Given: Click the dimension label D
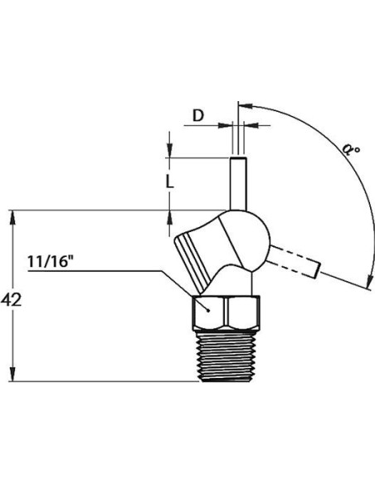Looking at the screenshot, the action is coord(198,116).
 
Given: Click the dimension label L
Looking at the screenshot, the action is coord(169,181).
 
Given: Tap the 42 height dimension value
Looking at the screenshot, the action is coord(11,299).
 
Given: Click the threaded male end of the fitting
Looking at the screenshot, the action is coord(227,356).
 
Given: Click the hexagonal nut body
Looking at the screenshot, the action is coord(226,312).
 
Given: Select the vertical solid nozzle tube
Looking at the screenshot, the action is coord(238,184).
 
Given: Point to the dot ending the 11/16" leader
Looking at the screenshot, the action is coord(208,310).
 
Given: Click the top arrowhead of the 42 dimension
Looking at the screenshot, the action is coord(12,218).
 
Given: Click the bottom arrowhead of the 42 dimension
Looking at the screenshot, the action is coord(12,374).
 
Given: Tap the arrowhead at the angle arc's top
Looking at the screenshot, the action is coord(246,106).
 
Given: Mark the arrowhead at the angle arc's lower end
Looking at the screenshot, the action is coord(368,281).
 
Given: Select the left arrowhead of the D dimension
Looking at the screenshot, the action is coord(225,125).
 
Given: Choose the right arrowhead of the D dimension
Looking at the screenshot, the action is coord(251,125).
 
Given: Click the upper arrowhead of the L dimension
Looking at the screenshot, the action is coord(169,150).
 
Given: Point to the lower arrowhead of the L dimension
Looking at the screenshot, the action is coord(169,218).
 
